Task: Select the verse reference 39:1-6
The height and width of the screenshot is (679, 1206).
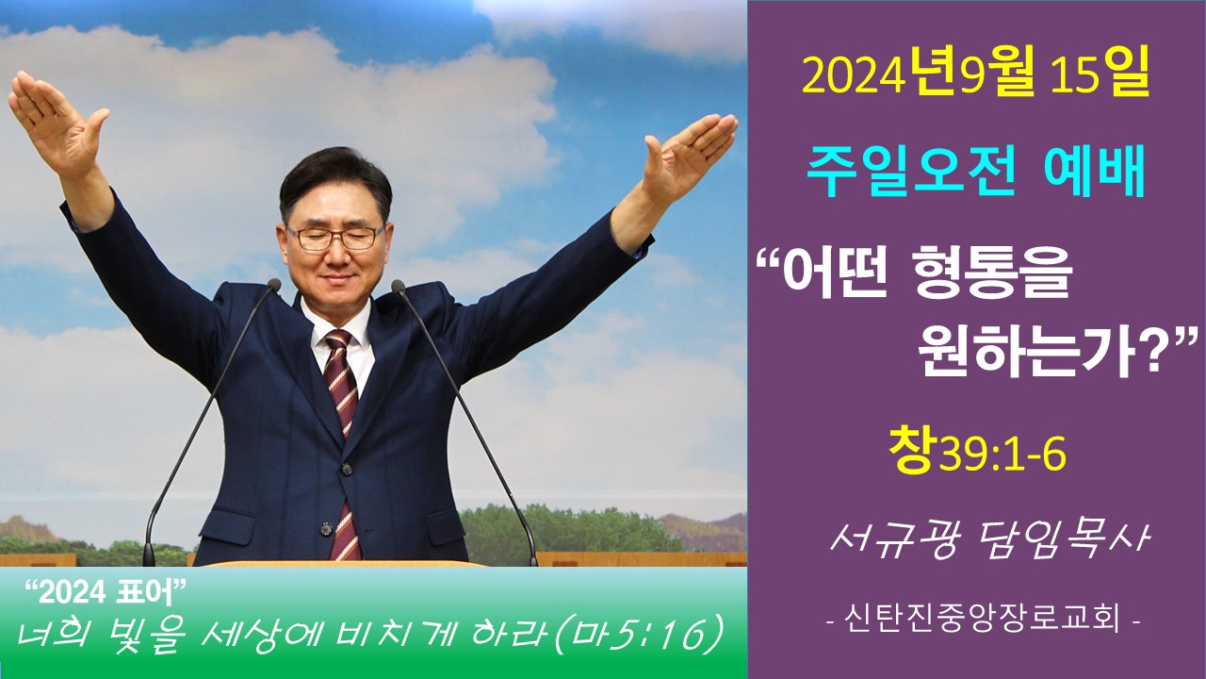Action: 1002,455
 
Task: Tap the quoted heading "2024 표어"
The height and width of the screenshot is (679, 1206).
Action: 106,593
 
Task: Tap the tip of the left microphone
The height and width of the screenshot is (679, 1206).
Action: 274,285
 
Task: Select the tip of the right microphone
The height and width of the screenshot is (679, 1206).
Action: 399,286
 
